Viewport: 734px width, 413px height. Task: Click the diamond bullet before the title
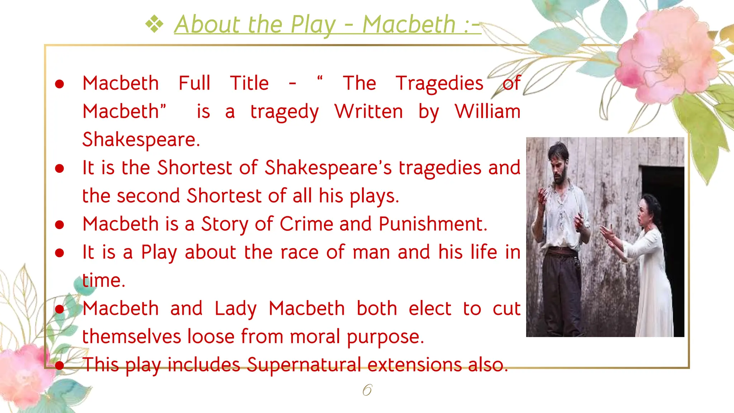tap(154, 25)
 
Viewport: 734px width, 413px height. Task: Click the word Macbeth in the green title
tap(409, 25)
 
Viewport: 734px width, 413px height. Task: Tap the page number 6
tap(367, 390)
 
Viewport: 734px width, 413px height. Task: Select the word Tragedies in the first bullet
tap(439, 84)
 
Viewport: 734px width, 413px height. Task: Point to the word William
tap(487, 111)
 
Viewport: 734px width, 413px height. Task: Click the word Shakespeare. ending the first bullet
tap(141, 139)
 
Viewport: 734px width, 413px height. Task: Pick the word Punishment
tap(433, 224)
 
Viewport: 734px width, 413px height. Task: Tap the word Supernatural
tap(304, 365)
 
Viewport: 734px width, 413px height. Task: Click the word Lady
tap(235, 309)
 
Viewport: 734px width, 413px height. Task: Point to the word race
tap(299, 252)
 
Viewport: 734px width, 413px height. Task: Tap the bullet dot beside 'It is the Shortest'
tap(59, 168)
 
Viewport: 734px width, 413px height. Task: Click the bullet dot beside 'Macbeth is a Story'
tap(59, 224)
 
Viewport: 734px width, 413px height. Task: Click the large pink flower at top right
tap(667, 57)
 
